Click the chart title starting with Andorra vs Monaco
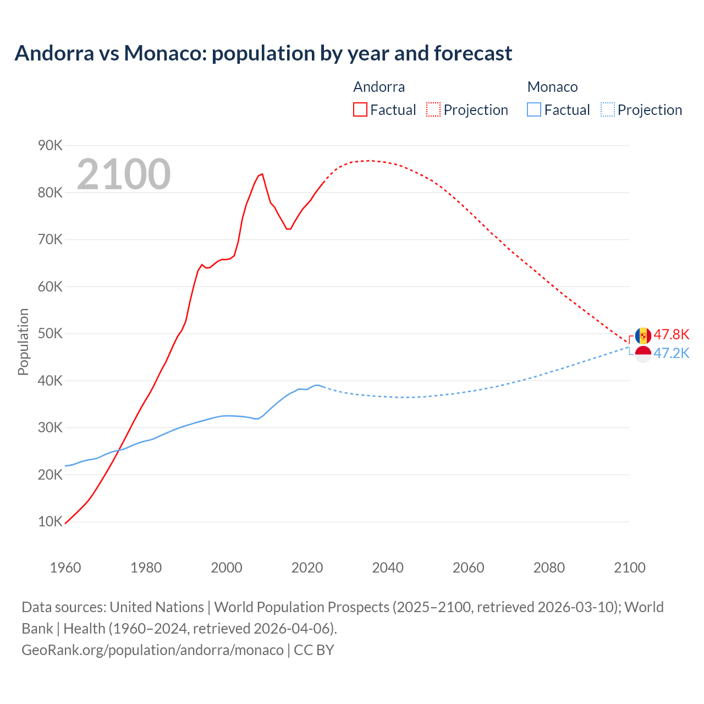(x=263, y=53)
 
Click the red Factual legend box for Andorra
(x=360, y=110)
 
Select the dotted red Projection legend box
(x=433, y=110)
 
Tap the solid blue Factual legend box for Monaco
(x=533, y=110)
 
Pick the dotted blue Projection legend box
(x=608, y=110)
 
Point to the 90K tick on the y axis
(x=50, y=146)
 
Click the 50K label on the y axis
(x=50, y=334)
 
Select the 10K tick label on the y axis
(x=50, y=522)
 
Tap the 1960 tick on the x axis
(x=65, y=568)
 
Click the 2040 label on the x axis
(x=388, y=568)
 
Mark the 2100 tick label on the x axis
(x=629, y=568)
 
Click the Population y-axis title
(x=23, y=342)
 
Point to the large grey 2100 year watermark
(x=124, y=174)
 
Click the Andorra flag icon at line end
(x=643, y=335)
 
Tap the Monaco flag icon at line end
(x=643, y=354)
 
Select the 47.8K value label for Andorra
(x=671, y=335)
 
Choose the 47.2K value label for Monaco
(x=671, y=354)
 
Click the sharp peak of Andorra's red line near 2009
(x=262, y=174)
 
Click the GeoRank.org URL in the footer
(x=152, y=650)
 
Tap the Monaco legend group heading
(x=552, y=87)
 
